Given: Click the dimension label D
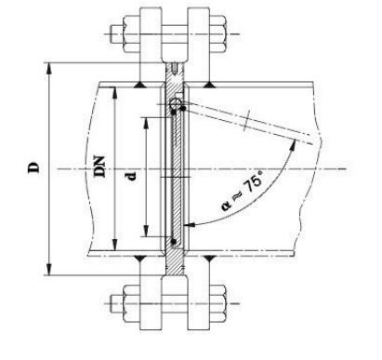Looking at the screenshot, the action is click(x=34, y=167).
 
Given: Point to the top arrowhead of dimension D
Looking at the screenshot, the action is click(x=48, y=69).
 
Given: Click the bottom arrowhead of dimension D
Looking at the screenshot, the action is click(x=48, y=269).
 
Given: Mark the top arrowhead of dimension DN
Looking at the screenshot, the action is click(x=115, y=94).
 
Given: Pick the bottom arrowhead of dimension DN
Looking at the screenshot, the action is click(x=115, y=244).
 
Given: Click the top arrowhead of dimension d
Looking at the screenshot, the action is click(x=146, y=124).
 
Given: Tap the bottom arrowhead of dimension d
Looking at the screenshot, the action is click(x=146, y=231).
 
